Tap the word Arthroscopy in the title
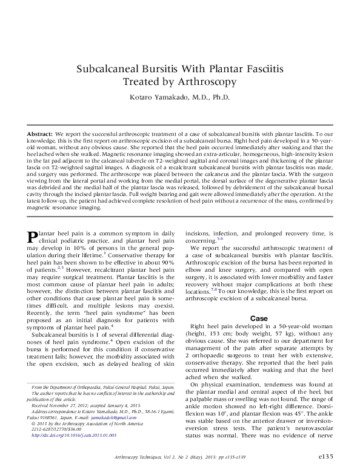205,81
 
